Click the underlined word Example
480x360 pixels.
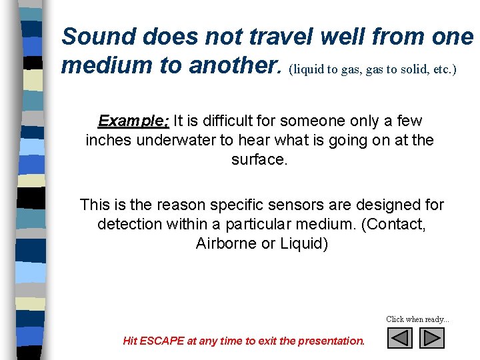[x=133, y=121]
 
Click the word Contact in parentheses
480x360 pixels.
[x=392, y=224]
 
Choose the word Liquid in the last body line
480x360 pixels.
[x=303, y=243]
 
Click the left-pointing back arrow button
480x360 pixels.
[x=400, y=338]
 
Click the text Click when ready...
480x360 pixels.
[x=417, y=319]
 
